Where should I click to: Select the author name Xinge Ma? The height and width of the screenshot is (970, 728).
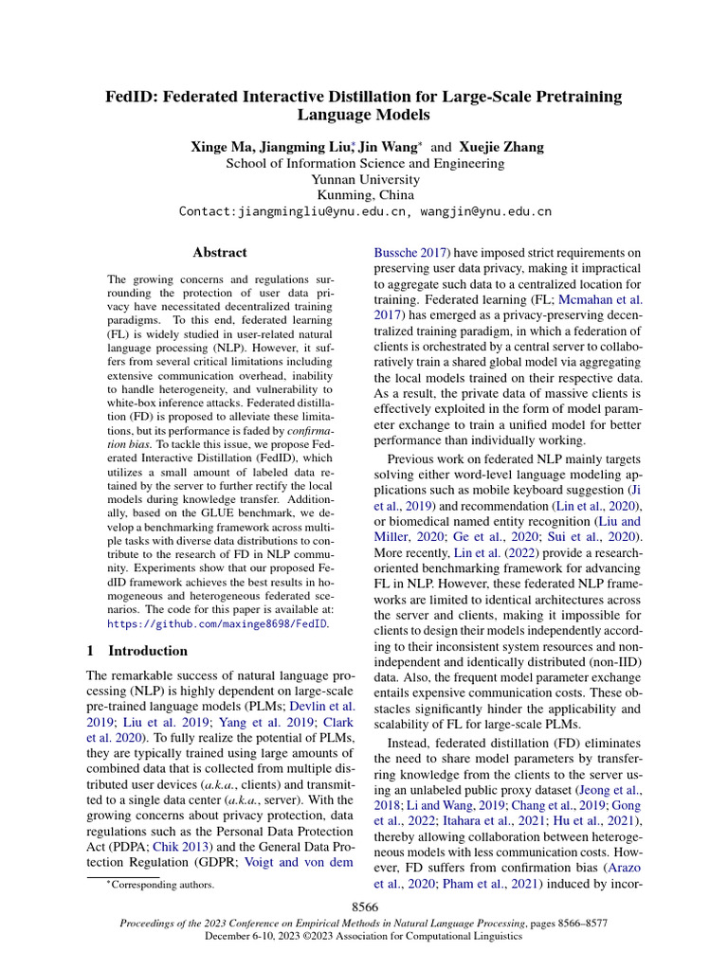coord(220,148)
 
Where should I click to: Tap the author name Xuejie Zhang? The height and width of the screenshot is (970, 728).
coord(502,148)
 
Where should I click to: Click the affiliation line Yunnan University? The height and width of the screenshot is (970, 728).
coord(365,179)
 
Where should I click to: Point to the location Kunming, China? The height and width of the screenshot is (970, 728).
coord(365,195)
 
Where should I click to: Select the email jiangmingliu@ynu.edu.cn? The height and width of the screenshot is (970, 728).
coord(321,211)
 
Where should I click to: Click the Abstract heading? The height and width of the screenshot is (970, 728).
coord(219,253)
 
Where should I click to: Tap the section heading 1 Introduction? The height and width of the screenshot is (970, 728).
coord(136,651)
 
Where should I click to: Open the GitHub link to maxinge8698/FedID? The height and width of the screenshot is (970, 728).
coord(217,625)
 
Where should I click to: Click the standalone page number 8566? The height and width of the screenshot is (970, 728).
coord(365,907)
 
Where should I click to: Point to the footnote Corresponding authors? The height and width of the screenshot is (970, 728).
coord(162,885)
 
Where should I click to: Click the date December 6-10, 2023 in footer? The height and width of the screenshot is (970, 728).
coord(261,935)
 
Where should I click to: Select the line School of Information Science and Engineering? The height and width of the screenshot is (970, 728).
coord(365,163)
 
